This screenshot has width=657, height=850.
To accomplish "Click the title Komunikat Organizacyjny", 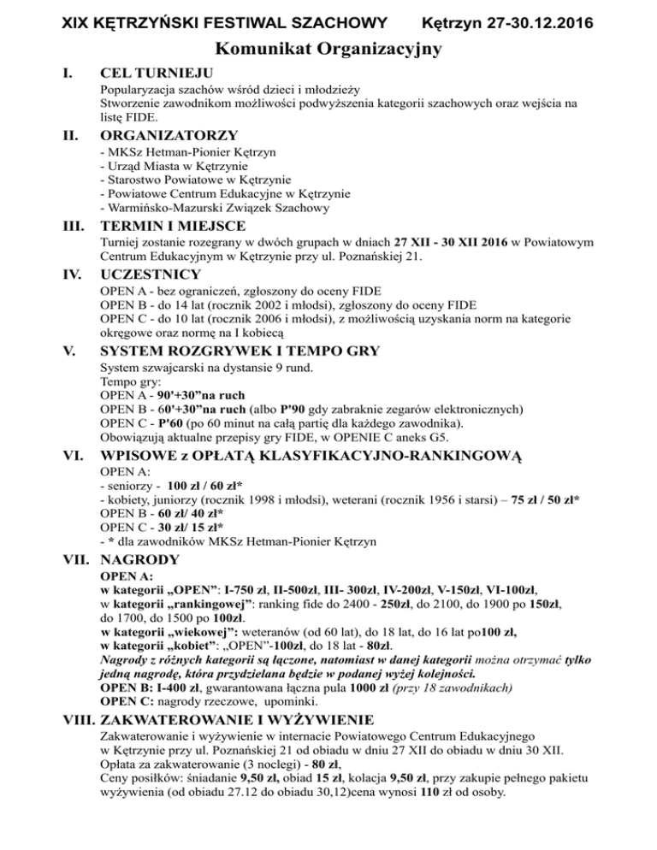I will [328, 50].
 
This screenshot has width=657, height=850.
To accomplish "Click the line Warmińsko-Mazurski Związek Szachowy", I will [214, 207].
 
